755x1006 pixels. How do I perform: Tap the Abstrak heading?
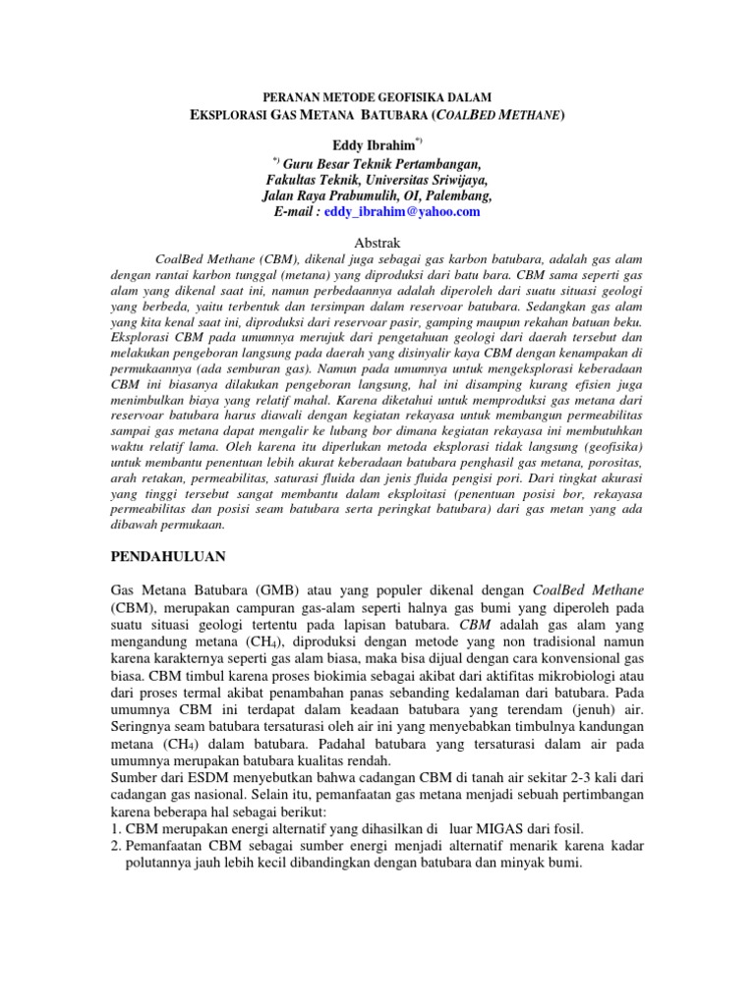[377, 240]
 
